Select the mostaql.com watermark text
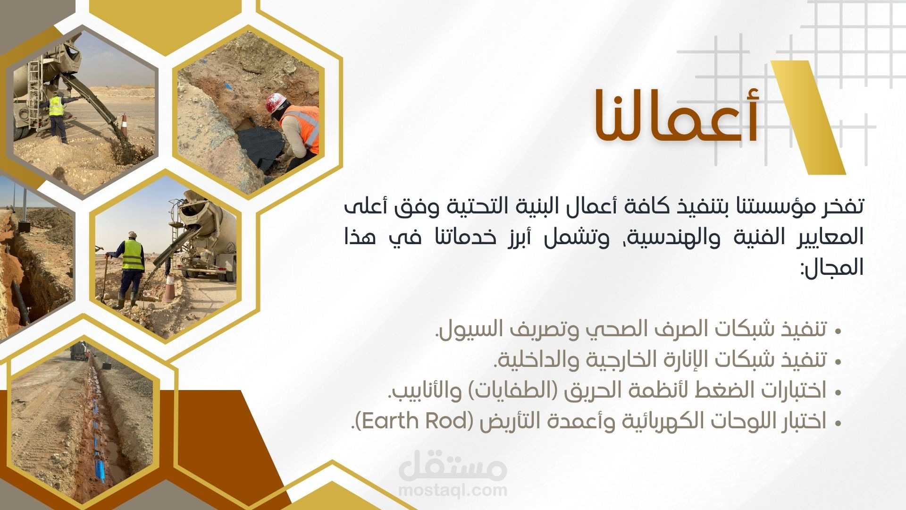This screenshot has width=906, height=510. tap(453, 490)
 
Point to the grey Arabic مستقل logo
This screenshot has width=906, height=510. tap(453, 465)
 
